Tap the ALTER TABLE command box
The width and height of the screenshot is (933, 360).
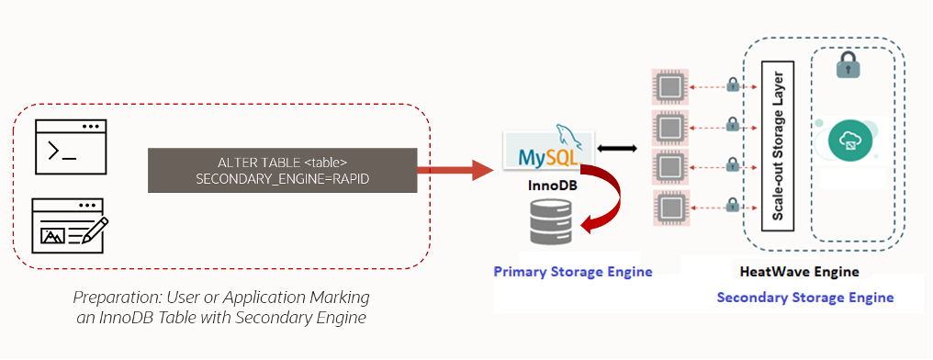[x=282, y=171]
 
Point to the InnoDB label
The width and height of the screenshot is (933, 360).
[x=545, y=186]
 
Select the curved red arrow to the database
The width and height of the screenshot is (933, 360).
[x=606, y=202]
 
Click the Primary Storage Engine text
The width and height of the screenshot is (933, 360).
[x=572, y=271]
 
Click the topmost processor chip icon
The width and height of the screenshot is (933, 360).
[x=670, y=87]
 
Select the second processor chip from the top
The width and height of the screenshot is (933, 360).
[x=670, y=127]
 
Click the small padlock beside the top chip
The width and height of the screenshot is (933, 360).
[x=732, y=85]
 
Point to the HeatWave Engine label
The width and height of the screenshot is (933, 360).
[x=799, y=272]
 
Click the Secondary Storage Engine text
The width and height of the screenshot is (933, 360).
[x=804, y=298]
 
